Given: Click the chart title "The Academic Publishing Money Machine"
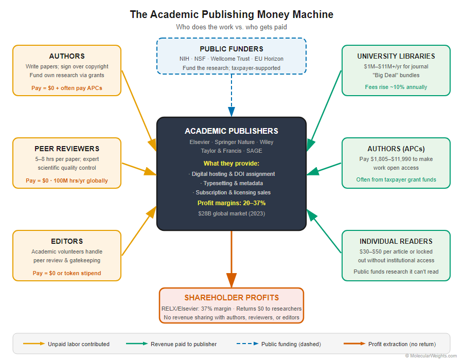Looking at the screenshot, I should click(232, 14).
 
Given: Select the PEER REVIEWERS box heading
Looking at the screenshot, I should click(67, 149).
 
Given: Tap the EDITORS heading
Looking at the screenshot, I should click(67, 241).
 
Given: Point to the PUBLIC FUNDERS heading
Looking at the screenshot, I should click(232, 49).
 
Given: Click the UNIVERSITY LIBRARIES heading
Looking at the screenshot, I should click(396, 56).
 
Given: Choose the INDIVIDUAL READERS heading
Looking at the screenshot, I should click(396, 241).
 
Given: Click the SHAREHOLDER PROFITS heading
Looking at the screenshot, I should click(232, 298).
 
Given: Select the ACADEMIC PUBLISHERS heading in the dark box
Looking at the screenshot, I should click(232, 131).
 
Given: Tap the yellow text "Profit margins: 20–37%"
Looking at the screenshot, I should click(232, 203).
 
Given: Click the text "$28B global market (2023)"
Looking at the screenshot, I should click(232, 213).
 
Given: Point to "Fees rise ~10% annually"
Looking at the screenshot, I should click(396, 87).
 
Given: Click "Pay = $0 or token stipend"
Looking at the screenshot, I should click(67, 273).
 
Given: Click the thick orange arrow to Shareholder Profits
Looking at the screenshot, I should click(232, 257).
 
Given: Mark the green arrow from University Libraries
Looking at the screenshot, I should click(324, 111).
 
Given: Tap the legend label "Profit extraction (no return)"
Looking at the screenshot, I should click(402, 344).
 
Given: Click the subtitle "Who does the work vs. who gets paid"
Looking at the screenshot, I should click(232, 27).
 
